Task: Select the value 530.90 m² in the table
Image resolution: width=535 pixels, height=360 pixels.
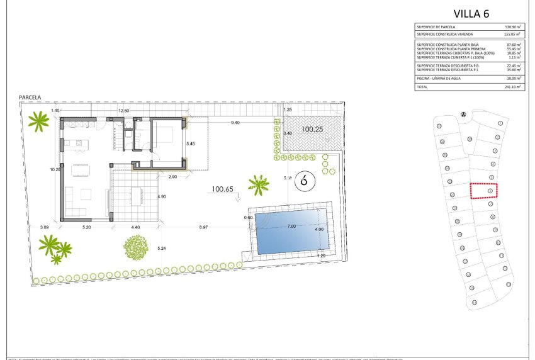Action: point(512,28)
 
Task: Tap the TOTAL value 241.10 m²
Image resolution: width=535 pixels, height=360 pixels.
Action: point(513,87)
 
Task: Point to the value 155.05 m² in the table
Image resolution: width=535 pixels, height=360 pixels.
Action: point(512,35)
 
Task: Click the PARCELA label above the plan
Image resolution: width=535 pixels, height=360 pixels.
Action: point(30,98)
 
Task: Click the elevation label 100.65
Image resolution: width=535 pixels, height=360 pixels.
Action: point(222,188)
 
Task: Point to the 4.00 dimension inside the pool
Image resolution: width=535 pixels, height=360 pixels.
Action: point(318,229)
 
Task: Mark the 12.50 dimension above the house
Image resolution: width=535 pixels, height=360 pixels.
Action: point(124,111)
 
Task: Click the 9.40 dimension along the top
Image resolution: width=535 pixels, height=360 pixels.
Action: point(235,122)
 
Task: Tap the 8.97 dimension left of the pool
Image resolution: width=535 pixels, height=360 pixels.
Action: point(205,226)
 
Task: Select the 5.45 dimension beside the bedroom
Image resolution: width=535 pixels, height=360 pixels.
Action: point(191,143)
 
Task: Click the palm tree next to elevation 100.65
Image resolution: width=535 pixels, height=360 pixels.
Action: point(258,184)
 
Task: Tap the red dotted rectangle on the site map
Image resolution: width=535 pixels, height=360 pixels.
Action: point(483,191)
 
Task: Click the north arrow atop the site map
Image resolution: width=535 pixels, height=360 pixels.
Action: point(463,115)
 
